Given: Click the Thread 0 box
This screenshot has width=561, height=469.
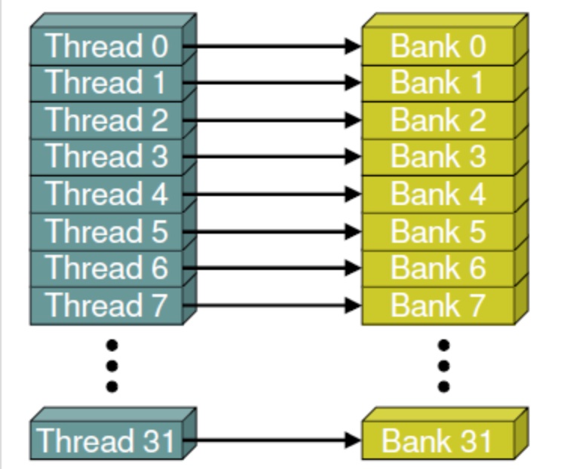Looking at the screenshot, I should pos(106,47).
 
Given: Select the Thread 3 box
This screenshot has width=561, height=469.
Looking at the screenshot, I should pos(106,157).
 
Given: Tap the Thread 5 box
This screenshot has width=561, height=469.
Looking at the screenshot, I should pos(106,231).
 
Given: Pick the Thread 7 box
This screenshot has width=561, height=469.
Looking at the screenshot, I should pos(106,305).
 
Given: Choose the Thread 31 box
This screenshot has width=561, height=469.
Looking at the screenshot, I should pos(106,440).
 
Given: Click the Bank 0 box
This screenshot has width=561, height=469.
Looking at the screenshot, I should pos(437,47).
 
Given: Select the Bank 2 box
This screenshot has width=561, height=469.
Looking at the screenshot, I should pos(437,120).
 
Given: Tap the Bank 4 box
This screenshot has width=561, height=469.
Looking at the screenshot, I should pos(437,194).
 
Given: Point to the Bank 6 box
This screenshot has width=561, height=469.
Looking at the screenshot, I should pos(437,268).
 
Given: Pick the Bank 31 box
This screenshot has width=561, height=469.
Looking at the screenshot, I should pos(437,440).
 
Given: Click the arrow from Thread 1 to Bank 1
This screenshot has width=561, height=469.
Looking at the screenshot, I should pos(271,83).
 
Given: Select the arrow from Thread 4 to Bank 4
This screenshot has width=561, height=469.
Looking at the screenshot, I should pos(271,194).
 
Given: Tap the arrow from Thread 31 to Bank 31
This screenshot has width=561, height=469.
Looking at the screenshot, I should pos(271,440).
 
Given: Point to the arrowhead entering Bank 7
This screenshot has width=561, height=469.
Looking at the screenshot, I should pos(353,305).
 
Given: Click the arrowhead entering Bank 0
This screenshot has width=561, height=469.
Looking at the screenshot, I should pos(353,47).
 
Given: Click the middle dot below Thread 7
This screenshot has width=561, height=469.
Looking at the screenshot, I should pos(112,366).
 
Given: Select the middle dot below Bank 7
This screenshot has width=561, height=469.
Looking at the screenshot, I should pos(444,366).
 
